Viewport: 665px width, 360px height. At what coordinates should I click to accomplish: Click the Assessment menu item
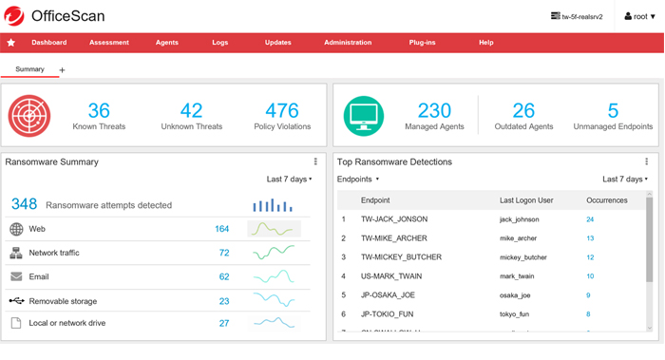coord(109,43)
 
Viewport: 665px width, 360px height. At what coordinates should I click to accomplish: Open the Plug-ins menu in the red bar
coord(422,43)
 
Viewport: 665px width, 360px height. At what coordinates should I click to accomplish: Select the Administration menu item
coord(348,43)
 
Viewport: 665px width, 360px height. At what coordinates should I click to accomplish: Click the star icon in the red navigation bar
coord(11,43)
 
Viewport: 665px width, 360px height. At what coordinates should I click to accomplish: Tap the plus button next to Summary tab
coord(63,70)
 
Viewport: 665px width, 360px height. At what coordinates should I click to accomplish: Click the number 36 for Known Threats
coord(99,110)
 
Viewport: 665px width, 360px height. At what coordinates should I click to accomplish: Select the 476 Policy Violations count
coord(282,110)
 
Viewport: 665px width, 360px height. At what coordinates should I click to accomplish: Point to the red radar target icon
coord(29,115)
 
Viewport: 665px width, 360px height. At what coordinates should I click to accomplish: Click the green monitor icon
coord(364,115)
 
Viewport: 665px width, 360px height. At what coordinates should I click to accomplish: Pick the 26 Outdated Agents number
coord(523,110)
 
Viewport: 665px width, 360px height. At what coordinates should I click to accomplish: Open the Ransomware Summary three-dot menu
coord(315,162)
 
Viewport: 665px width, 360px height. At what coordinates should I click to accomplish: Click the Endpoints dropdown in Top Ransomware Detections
coord(358,179)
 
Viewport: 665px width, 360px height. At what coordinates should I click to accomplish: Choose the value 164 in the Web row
coord(222,229)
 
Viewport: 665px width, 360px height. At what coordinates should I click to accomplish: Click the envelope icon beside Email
coord(16,276)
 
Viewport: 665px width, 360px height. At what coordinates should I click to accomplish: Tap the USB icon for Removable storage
coord(16,300)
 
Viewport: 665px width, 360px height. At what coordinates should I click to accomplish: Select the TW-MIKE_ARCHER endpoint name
coord(393,238)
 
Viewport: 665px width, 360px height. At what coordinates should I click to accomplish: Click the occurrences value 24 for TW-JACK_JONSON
coord(590,219)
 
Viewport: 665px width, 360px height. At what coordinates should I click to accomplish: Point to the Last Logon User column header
coord(525,200)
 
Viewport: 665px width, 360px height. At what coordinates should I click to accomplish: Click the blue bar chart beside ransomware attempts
coord(274,204)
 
